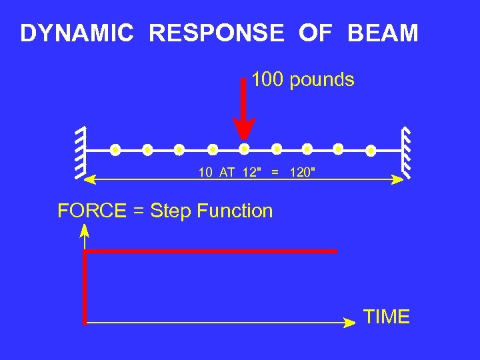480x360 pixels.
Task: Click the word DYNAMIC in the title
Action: (x=77, y=33)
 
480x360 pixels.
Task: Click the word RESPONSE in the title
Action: (x=217, y=33)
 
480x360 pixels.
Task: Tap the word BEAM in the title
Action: (x=383, y=33)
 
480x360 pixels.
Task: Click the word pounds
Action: (x=323, y=81)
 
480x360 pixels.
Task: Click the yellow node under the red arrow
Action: (x=244, y=149)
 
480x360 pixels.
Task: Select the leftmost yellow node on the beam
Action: (x=115, y=149)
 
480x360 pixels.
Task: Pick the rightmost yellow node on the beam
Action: (x=371, y=149)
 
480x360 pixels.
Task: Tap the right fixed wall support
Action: (x=405, y=153)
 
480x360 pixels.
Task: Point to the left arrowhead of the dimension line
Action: (x=93, y=179)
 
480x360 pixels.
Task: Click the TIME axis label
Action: (x=387, y=317)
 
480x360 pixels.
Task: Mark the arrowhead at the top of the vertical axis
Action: (x=85, y=231)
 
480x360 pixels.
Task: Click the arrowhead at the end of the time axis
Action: (x=349, y=323)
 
